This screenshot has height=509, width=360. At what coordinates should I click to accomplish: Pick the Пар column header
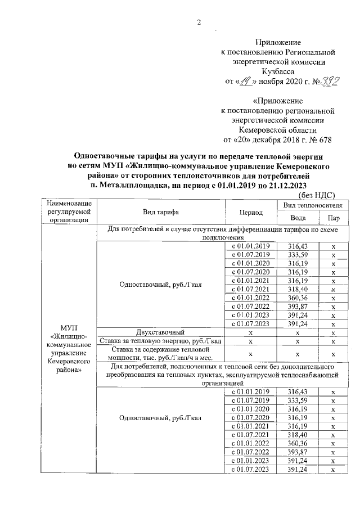[x=333, y=218]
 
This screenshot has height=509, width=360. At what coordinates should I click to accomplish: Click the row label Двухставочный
[x=160, y=332]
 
